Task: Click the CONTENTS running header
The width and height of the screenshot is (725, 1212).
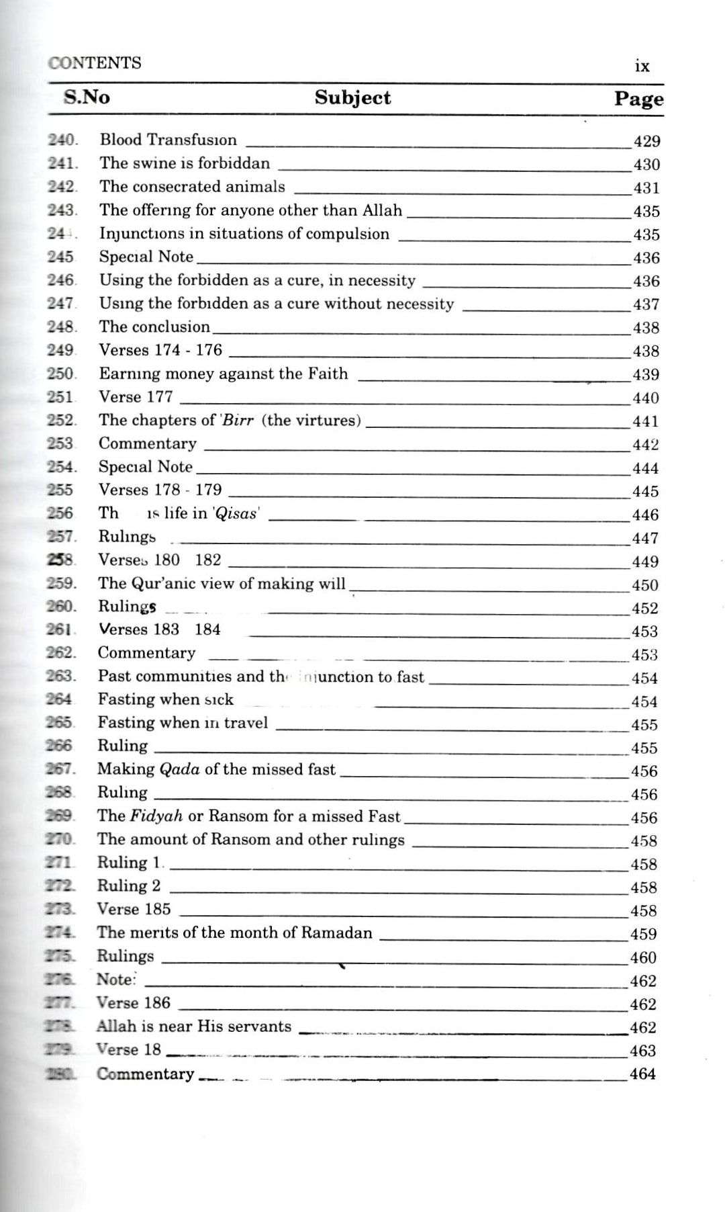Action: (95, 63)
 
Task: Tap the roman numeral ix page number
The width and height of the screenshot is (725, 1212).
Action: (642, 66)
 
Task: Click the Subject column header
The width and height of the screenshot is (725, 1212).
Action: (352, 97)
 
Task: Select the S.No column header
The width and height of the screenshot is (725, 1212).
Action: (87, 97)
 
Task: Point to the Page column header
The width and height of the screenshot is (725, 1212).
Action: (638, 99)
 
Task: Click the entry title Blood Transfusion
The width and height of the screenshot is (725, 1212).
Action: (168, 140)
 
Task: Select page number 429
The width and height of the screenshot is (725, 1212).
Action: (646, 141)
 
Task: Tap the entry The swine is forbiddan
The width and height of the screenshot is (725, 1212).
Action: (185, 163)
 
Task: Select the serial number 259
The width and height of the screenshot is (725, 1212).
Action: (61, 583)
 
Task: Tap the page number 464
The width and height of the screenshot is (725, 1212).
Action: (642, 1074)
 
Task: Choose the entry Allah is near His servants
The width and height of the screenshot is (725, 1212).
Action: (193, 1026)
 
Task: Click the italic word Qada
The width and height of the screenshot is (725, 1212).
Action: (179, 769)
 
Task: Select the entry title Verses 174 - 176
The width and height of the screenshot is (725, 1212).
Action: (160, 350)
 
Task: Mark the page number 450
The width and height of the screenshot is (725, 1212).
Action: (645, 585)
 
